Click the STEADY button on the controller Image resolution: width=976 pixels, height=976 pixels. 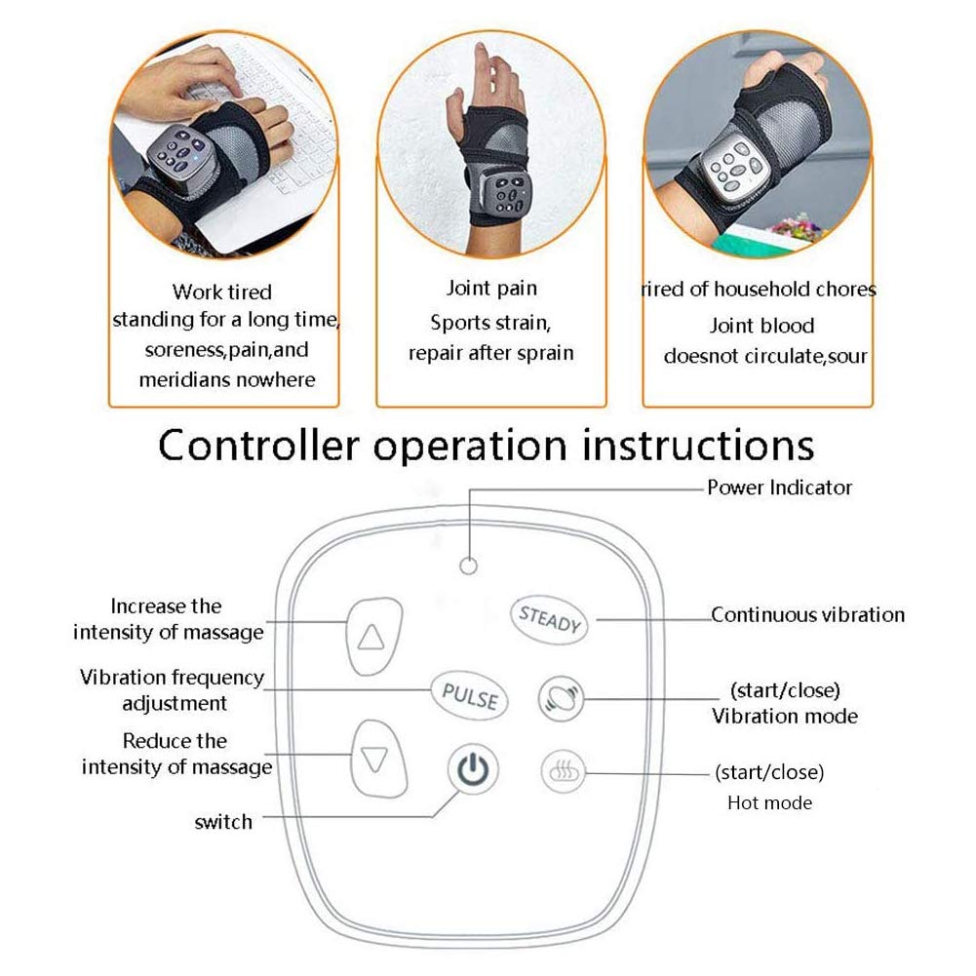[550, 620]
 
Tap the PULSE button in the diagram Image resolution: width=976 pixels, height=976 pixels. [470, 695]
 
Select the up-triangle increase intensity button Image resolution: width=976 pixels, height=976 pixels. [373, 636]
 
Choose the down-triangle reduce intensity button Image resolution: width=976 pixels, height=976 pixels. [377, 759]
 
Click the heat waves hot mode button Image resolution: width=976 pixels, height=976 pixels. [564, 772]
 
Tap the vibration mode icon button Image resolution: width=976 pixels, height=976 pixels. [561, 698]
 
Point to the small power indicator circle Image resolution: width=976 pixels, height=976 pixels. [469, 566]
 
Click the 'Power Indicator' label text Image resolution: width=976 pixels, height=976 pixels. [779, 488]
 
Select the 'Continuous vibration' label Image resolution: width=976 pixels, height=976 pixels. [807, 615]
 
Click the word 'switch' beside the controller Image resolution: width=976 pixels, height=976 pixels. [223, 822]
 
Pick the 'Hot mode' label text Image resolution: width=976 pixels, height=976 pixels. [770, 803]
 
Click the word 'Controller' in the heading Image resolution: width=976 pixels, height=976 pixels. [258, 445]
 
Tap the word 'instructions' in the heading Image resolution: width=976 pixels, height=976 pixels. [698, 445]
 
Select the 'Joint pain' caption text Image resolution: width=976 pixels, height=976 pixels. [491, 289]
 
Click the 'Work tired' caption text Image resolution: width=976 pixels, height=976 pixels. [222, 292]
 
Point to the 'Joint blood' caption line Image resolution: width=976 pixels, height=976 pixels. [761, 326]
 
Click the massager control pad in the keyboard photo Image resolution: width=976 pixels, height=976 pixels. [178, 154]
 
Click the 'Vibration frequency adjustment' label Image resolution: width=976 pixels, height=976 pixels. [173, 689]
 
